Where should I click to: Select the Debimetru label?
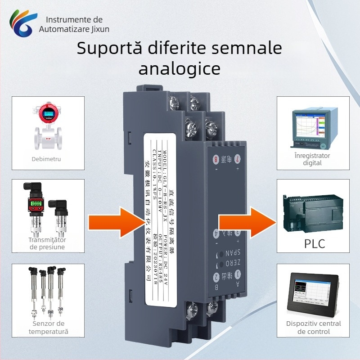pyautogui.click(x=46, y=159)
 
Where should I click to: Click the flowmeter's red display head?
pyautogui.click(x=46, y=113)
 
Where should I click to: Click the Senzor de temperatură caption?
pyautogui.click(x=49, y=328)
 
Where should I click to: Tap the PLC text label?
pyautogui.click(x=315, y=244)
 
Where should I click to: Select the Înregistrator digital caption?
pyautogui.click(x=313, y=159)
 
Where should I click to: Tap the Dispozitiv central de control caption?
pyautogui.click(x=314, y=328)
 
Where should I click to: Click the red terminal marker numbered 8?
pyautogui.click(x=216, y=159)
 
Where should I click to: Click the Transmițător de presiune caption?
pyautogui.click(x=47, y=243)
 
